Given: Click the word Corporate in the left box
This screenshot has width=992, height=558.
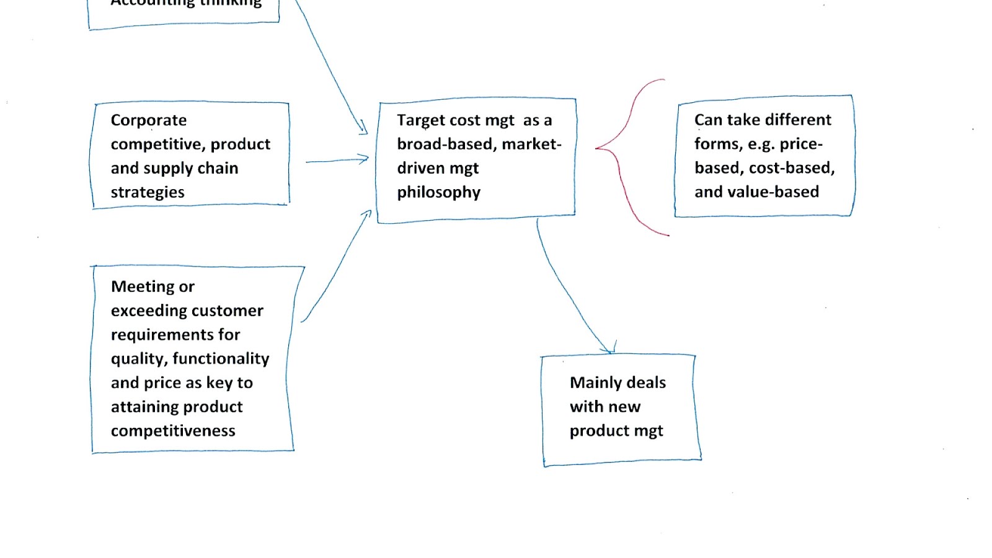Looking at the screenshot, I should point(148,120).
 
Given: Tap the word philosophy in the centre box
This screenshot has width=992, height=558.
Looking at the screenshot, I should point(438,193).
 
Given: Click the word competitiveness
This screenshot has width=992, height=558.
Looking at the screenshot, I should point(173,431).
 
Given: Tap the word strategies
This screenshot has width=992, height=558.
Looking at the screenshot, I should point(148,193).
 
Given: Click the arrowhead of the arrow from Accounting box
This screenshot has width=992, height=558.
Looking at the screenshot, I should point(363,129).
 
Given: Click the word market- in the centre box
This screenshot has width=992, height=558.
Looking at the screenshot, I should point(531,144).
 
